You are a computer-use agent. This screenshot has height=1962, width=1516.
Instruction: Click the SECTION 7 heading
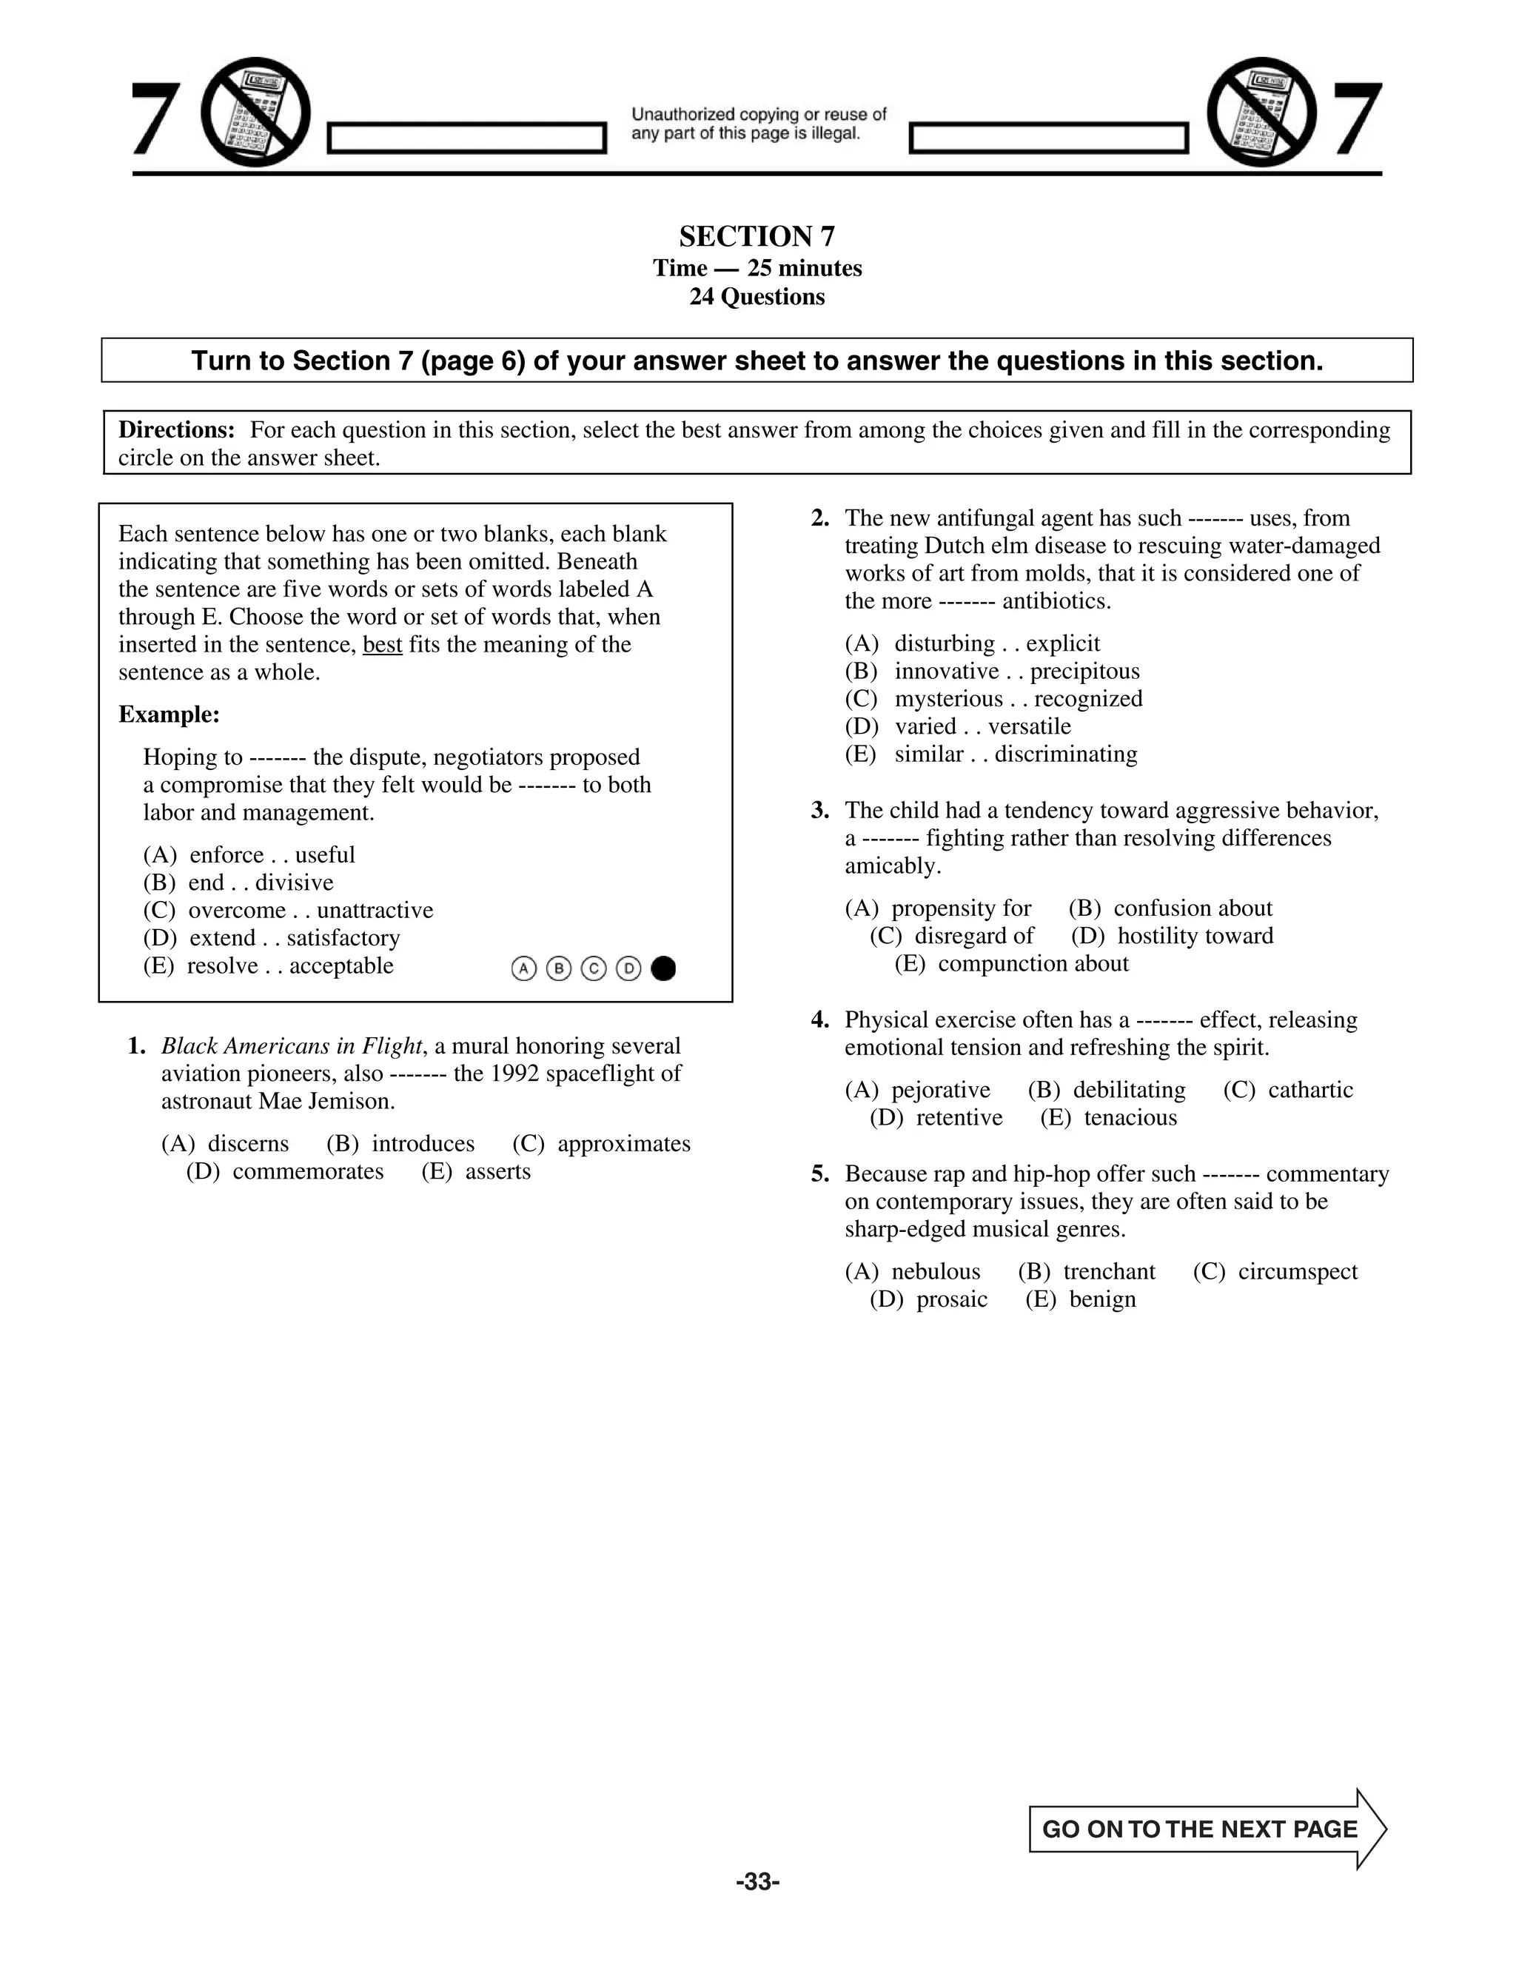757,236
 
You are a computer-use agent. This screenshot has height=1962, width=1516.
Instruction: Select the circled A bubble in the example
523,968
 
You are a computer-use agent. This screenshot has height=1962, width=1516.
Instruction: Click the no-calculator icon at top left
256,113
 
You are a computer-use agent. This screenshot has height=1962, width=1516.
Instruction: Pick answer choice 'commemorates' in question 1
307,1171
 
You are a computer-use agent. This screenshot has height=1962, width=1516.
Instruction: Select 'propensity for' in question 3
960,908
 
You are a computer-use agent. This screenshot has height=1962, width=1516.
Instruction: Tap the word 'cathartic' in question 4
1309,1090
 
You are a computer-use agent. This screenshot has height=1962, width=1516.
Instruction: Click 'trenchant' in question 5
1108,1271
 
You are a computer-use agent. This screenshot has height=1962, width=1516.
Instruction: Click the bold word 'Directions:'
177,430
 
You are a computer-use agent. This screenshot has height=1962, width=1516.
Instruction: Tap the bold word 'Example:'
169,715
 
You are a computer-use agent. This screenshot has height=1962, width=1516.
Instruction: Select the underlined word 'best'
382,645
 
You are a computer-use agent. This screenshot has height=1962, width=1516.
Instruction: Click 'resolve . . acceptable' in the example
289,965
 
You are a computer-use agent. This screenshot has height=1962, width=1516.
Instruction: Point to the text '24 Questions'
757,296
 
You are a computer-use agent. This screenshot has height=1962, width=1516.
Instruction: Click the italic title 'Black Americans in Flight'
291,1045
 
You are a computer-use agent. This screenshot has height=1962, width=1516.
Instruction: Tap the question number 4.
819,1019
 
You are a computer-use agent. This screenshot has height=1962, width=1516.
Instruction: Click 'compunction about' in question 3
1032,964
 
